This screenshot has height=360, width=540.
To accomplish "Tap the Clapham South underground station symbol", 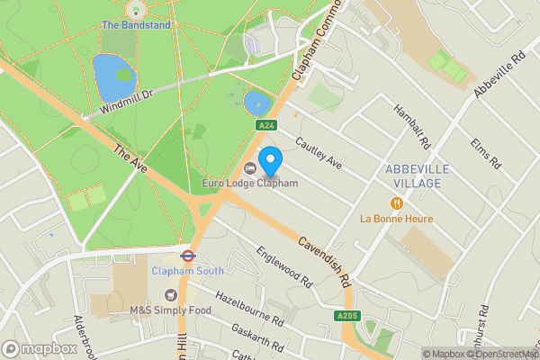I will (187, 255).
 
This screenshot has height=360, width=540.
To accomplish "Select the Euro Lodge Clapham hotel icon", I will (249, 168).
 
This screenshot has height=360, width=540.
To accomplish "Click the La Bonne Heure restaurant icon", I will (396, 203).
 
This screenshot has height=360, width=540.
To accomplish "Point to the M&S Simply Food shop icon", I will (170, 295).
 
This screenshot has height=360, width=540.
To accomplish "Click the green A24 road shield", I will (264, 125).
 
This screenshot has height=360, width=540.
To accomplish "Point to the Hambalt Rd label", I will (412, 124).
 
